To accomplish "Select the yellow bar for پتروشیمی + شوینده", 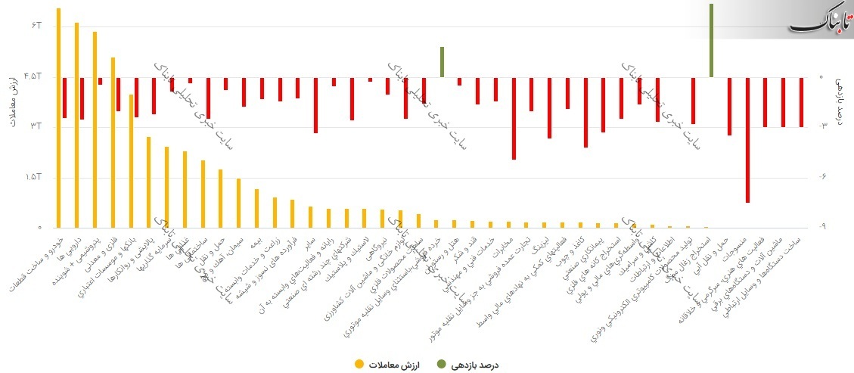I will coord(95,129).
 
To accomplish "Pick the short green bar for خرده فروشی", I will coord(441,62).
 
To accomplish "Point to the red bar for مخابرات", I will coord(514,118).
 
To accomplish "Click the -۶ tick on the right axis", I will coord(824,177).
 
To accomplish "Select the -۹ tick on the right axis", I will coord(824,227).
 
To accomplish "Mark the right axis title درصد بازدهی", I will coord(840,102).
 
